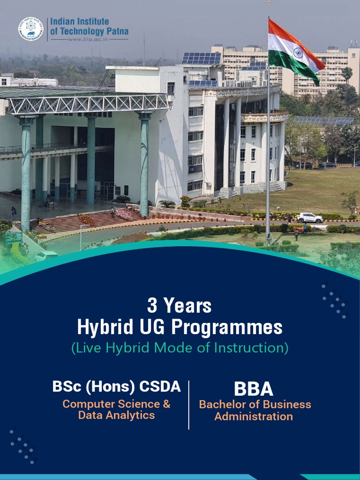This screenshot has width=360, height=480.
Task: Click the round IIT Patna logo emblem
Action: [30, 29]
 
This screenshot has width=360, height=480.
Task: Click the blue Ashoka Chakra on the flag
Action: [298, 52]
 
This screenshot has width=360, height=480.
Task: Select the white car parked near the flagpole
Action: [310, 218]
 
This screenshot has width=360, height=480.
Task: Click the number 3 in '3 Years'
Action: [152, 306]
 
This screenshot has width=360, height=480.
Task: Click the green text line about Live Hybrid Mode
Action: [180, 348]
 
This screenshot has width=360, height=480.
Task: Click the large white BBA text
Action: [254, 389]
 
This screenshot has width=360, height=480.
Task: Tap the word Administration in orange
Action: [254, 416]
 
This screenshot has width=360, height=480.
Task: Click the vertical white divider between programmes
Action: [189, 405]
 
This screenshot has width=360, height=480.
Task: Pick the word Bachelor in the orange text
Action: [220, 404]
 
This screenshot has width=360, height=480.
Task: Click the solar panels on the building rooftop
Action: [201, 58]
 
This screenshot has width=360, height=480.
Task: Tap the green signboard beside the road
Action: [14, 237]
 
